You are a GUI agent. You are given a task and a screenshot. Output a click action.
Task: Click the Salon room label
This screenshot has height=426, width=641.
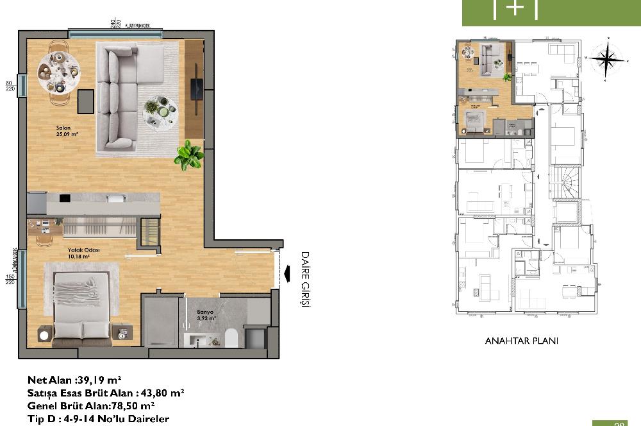click(x=63, y=128)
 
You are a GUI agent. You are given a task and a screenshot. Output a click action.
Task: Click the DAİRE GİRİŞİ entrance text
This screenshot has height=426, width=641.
click(x=306, y=278)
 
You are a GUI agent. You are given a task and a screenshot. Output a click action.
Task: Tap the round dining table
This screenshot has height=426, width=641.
click(x=58, y=72)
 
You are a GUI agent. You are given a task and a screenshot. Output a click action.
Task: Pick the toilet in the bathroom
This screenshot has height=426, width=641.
click(x=231, y=337)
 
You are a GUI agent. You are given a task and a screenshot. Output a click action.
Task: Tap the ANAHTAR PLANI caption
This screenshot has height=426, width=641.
click(x=521, y=341)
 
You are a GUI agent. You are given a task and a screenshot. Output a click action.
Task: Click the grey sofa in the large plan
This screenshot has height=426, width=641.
click(x=122, y=96)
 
